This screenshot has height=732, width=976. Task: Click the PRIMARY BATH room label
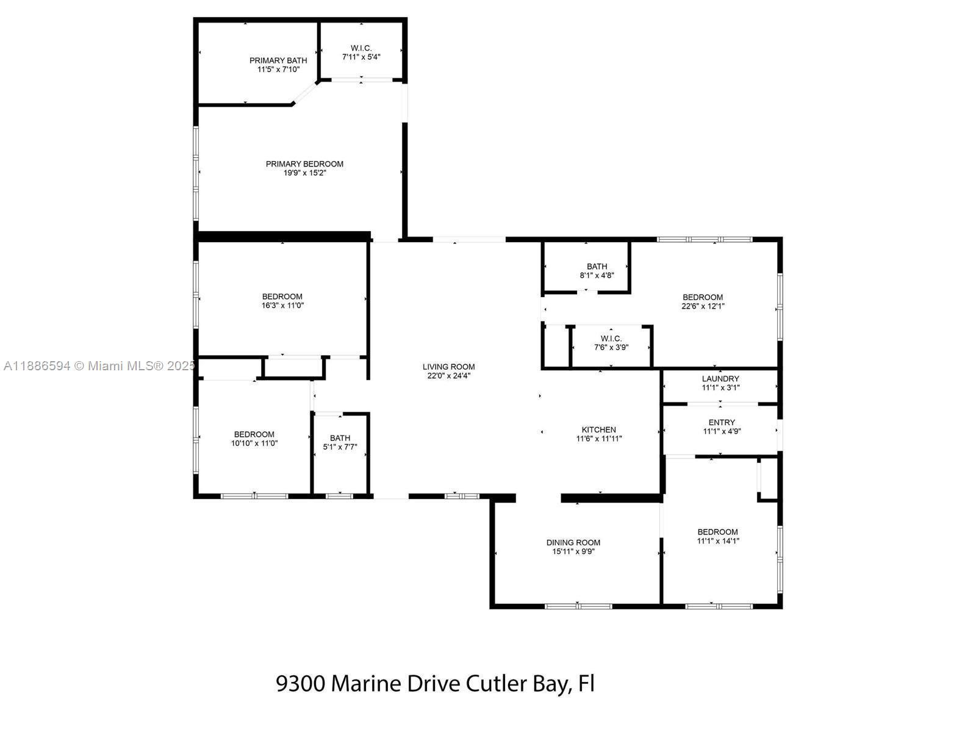278,60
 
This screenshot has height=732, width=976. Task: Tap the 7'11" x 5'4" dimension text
361,57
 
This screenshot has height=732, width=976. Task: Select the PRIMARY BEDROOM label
304,163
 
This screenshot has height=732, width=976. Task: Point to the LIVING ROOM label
448,367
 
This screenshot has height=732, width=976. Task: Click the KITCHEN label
598,429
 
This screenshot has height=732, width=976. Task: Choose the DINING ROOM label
573,542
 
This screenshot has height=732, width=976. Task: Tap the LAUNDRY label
720,378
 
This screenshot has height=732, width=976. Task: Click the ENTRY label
722,422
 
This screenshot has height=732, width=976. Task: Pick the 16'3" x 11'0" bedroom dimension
282,306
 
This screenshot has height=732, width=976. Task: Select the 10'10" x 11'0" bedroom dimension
254,443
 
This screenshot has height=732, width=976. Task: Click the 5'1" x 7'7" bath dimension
340,447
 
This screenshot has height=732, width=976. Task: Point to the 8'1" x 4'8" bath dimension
597,275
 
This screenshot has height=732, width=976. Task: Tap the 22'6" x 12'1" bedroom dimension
703,306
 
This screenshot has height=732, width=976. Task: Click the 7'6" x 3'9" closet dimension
611,348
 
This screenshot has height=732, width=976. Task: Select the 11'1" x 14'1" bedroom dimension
718,540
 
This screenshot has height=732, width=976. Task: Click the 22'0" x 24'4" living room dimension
448,376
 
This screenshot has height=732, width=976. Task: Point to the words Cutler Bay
519,684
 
